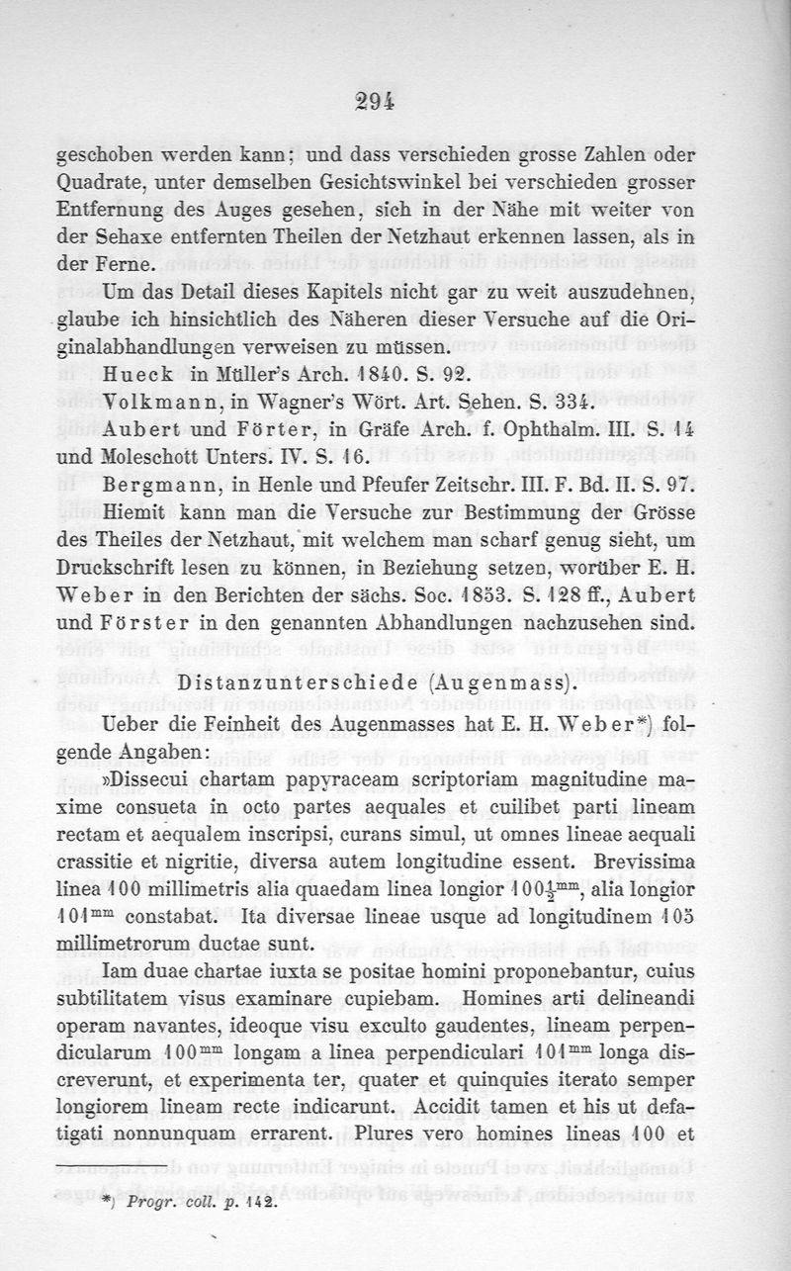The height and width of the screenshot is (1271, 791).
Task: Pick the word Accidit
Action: [x=479, y=1131]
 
